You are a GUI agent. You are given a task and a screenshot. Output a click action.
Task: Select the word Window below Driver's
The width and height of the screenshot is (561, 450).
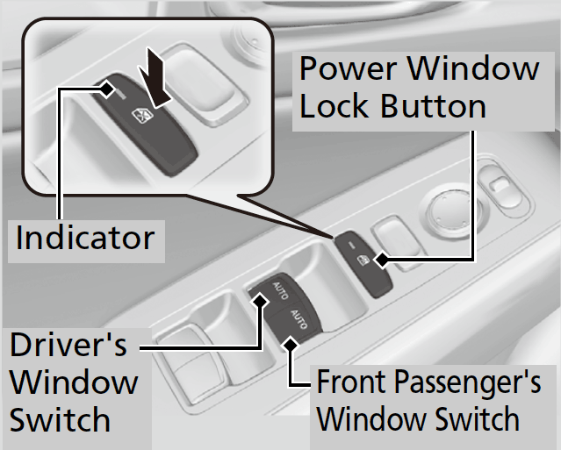tap(74, 382)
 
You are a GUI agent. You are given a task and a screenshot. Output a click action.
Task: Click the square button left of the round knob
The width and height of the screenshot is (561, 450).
tap(392, 234)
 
